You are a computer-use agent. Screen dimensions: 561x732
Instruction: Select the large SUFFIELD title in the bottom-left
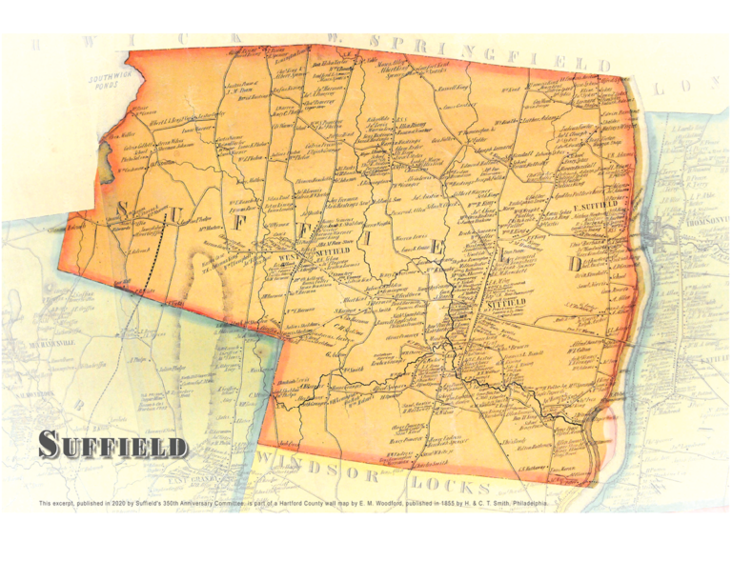click(x=113, y=445)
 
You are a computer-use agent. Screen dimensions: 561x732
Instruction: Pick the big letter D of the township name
click(x=573, y=263)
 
